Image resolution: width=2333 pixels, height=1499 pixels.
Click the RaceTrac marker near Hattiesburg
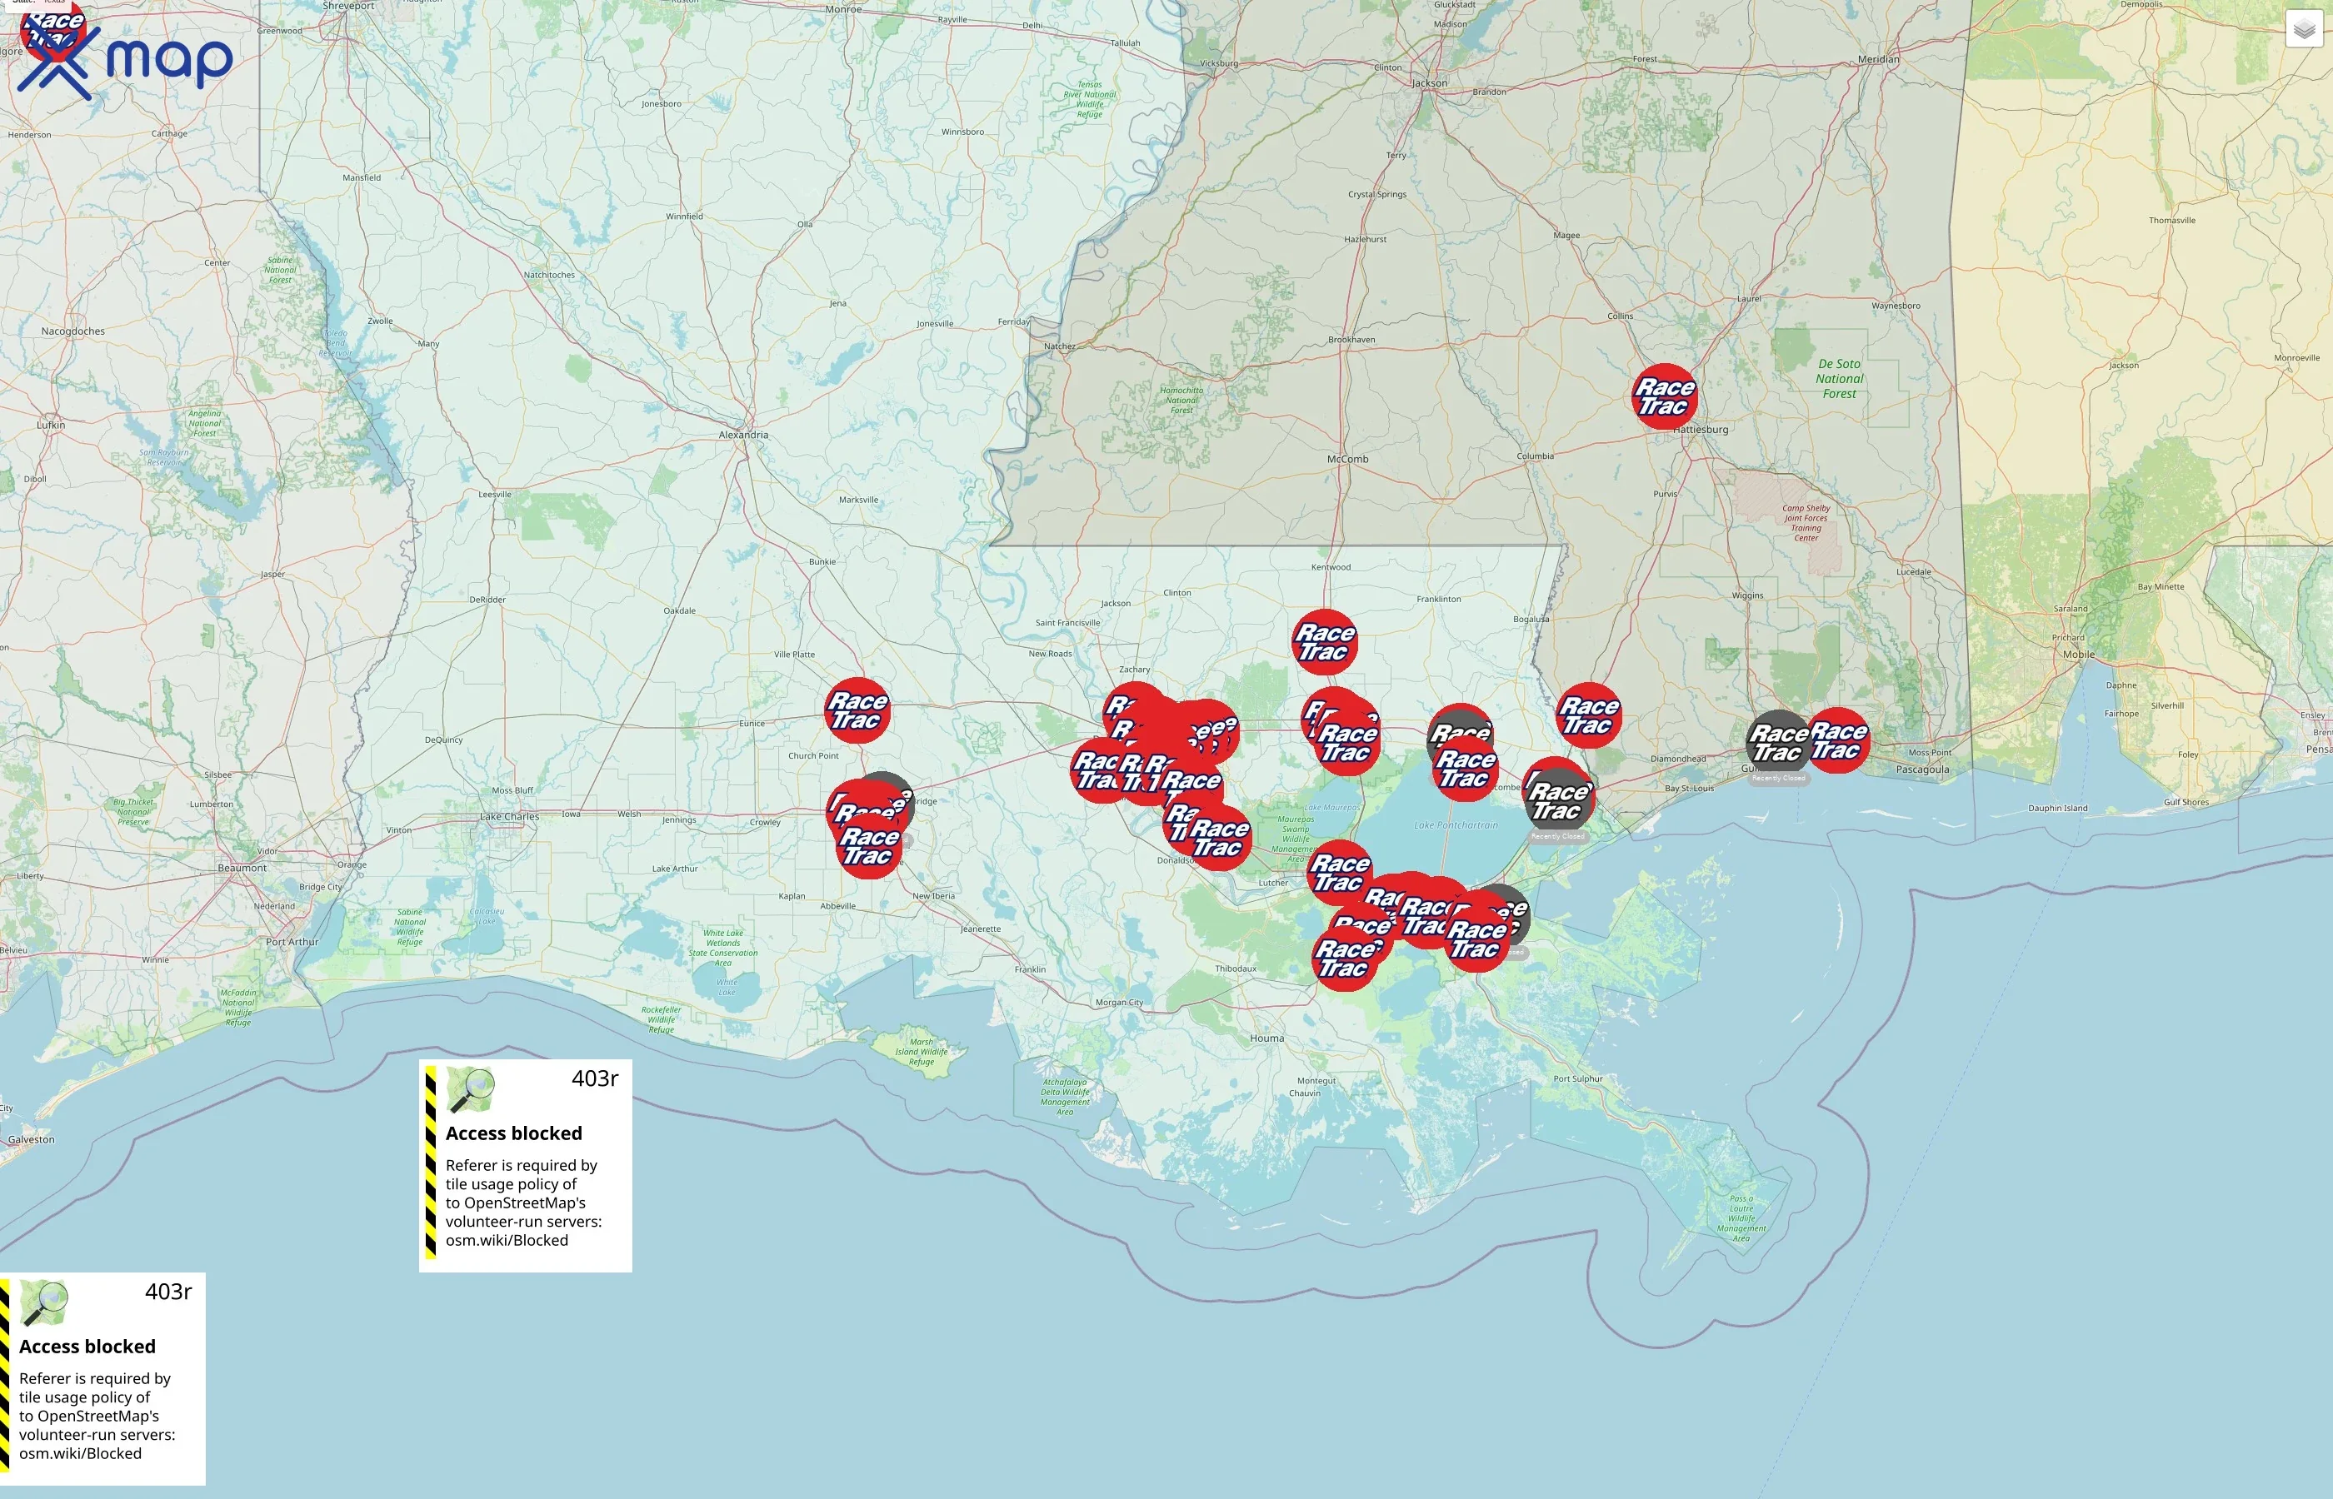pyautogui.click(x=1664, y=396)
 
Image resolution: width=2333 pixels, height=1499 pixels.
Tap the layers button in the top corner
pyautogui.click(x=2304, y=29)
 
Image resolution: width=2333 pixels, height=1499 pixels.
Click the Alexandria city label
pyautogui.click(x=743, y=435)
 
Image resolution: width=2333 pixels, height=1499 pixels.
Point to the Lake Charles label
pyautogui.click(x=508, y=817)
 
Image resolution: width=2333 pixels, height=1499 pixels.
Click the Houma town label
pyautogui.click(x=1266, y=1038)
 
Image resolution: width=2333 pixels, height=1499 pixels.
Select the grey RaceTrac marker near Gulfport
pyautogui.click(x=1778, y=743)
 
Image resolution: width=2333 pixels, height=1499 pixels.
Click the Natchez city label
pyautogui.click(x=1059, y=346)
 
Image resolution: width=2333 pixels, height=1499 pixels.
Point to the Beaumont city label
pyautogui.click(x=242, y=867)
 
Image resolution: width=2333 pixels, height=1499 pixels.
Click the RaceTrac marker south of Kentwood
pyautogui.click(x=1324, y=641)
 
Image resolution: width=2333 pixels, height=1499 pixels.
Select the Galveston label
pyautogui.click(x=31, y=1140)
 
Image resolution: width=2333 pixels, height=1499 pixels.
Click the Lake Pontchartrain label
pyautogui.click(x=1456, y=824)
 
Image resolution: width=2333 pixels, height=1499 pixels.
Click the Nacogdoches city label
pyautogui.click(x=73, y=331)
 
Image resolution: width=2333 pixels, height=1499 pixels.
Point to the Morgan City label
pyautogui.click(x=1119, y=1002)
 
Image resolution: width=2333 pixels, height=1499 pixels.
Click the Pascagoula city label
pyautogui.click(x=1922, y=769)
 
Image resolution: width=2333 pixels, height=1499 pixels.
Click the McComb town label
pyautogui.click(x=1347, y=459)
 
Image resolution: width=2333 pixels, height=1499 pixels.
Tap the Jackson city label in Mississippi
pyautogui.click(x=1430, y=82)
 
